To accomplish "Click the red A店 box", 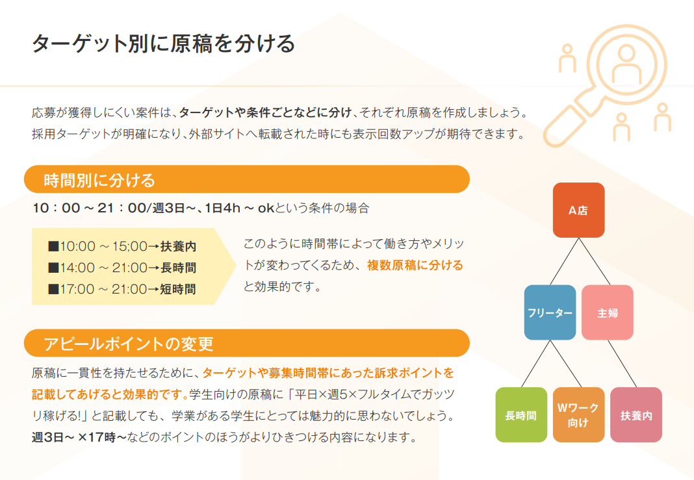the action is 578,210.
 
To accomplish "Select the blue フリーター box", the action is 550,312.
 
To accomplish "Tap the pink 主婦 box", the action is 607,312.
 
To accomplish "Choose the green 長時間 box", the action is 521,414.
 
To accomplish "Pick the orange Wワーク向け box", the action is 578,414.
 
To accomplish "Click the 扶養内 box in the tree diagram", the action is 636,414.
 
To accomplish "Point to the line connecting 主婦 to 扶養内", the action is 622,364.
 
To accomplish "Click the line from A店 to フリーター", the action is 564,261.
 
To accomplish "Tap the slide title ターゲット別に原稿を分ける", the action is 163,44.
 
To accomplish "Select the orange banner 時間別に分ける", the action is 246,179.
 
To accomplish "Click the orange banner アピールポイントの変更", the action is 246,343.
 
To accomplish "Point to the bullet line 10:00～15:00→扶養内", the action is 122,246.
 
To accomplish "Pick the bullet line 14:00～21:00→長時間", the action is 122,268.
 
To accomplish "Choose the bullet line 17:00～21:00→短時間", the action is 122,289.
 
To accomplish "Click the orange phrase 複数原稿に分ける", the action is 415,265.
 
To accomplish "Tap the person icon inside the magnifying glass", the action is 626,64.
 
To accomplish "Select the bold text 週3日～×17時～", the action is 79,437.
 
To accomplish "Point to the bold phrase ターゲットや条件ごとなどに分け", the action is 265,112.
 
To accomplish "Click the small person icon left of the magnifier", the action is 567,58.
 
